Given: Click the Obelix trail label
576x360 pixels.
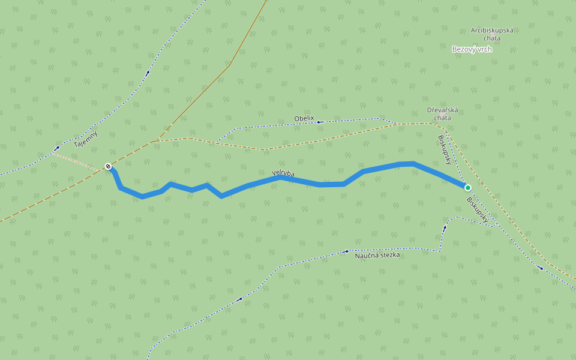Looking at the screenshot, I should [x=304, y=119].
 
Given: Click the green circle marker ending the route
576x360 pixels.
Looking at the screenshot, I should [x=468, y=188].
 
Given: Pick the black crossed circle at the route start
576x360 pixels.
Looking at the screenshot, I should [x=108, y=166].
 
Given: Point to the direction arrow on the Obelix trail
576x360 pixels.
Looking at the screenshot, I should [x=319, y=122].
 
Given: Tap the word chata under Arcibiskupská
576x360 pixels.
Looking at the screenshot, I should [x=493, y=38].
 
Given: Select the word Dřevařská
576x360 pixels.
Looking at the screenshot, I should [x=443, y=110].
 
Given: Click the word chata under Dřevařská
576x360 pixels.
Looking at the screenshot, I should [x=443, y=118].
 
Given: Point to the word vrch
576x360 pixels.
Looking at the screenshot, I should [x=484, y=49].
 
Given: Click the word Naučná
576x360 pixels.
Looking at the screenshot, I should [x=365, y=256].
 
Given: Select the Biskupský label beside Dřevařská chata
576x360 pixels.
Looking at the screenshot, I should [x=445, y=149].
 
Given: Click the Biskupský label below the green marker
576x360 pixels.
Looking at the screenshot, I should [x=478, y=211].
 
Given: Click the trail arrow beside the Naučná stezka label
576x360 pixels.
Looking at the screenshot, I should [x=347, y=251].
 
